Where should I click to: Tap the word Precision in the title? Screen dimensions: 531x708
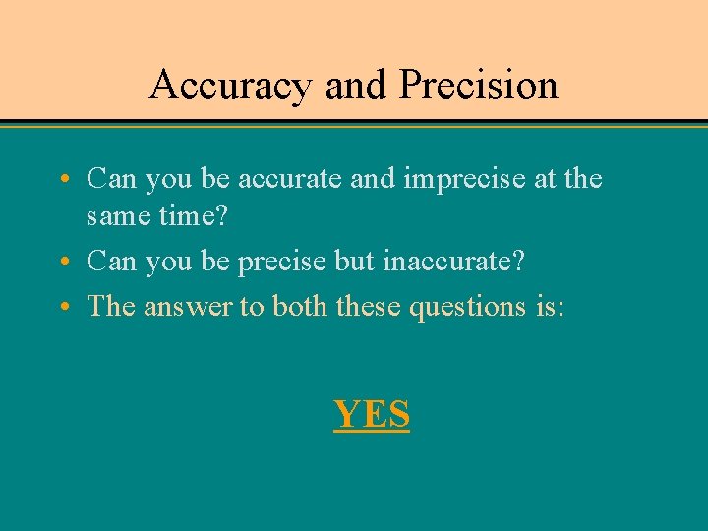pyautogui.click(x=479, y=86)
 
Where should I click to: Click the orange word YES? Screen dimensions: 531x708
pyautogui.click(x=372, y=414)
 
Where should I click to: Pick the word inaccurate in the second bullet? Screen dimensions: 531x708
pyautogui.click(x=454, y=262)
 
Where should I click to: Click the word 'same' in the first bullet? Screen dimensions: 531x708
pyautogui.click(x=117, y=216)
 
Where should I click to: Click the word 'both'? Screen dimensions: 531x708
pyautogui.click(x=301, y=307)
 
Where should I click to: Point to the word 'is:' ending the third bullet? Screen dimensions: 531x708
pyautogui.click(x=545, y=307)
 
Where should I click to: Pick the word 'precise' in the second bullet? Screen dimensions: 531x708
pyautogui.click(x=279, y=262)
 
